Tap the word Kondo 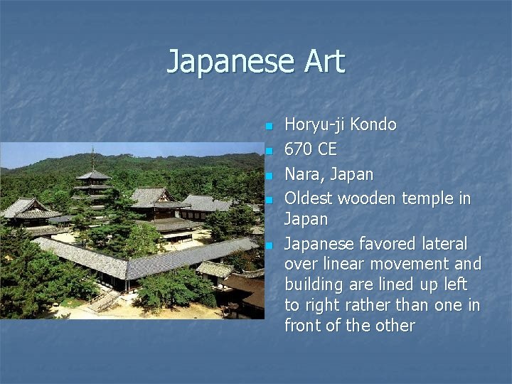[x=373, y=124]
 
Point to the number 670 [x=299, y=149]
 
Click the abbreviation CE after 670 [x=327, y=149]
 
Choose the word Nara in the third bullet [x=302, y=174]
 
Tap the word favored [x=383, y=244]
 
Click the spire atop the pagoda [x=92, y=158]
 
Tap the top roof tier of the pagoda [x=93, y=175]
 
